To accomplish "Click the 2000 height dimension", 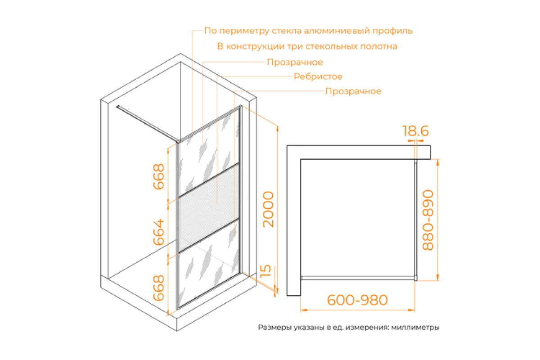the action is coord(268,209).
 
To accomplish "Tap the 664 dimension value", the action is coord(158,232).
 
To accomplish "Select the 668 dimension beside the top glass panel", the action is coord(158,177).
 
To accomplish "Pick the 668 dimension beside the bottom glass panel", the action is coord(158,288).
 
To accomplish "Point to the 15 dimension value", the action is coord(265,270).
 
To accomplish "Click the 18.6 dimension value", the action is coord(416,131).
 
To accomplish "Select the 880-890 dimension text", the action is coord(428,220).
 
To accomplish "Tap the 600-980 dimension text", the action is coord(357,300).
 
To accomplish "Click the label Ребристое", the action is coord(318,76).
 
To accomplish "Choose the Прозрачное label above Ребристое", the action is coord(295,63).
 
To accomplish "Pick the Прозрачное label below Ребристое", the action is coord(353,91).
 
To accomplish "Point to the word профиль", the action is coord(392,31).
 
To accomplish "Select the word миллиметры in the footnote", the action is coord(415,328).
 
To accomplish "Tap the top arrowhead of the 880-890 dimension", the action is coord(438,162).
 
